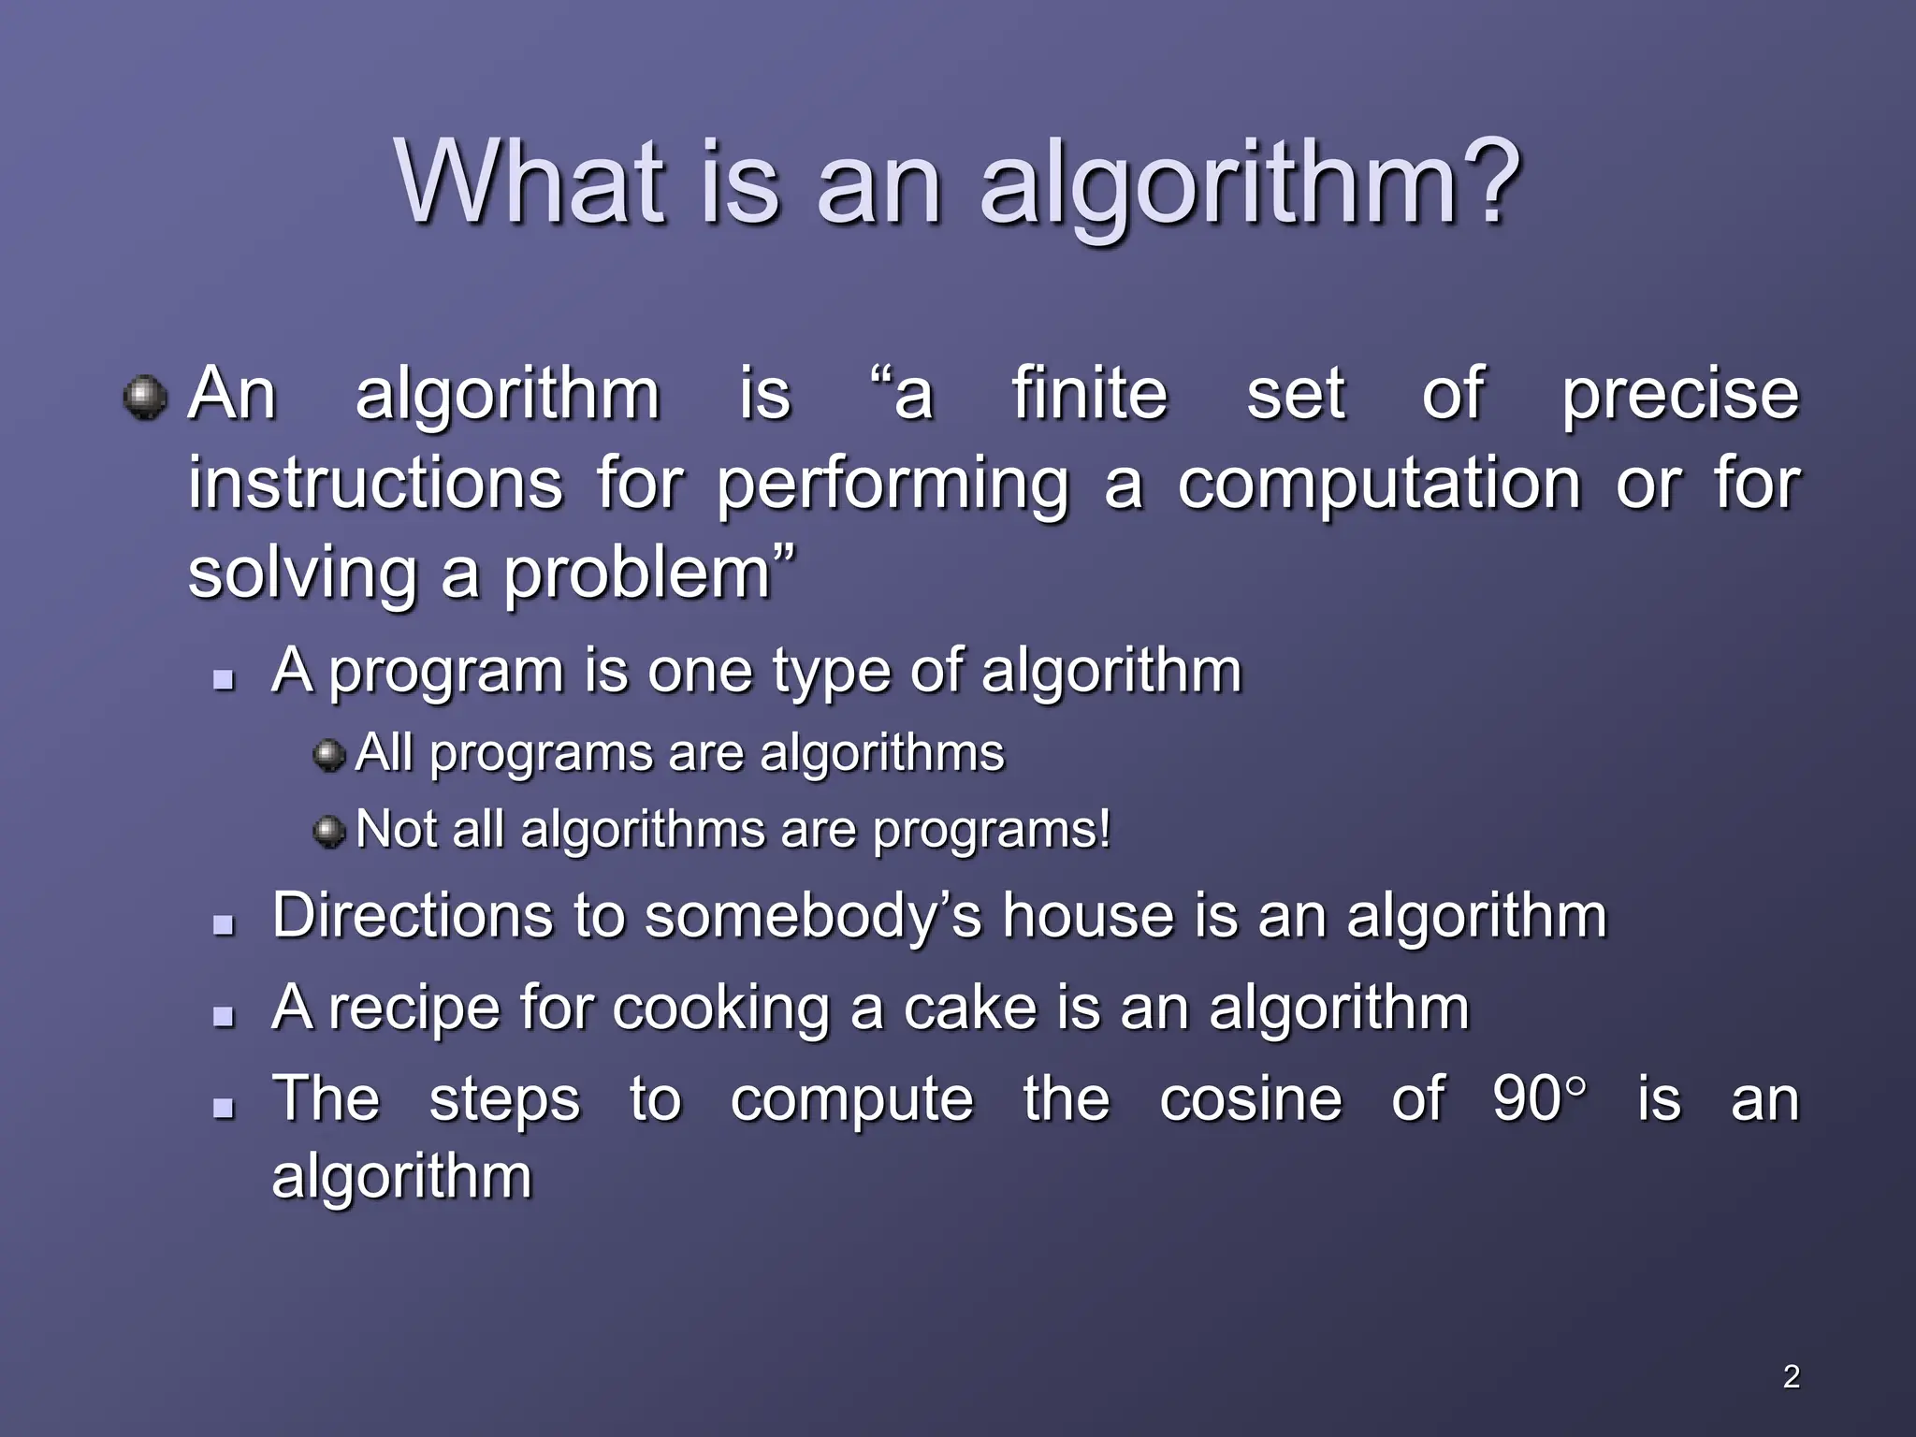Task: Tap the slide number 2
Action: click(1791, 1376)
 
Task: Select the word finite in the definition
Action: click(1090, 394)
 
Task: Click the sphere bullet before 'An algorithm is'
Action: click(145, 398)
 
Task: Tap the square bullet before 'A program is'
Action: click(223, 679)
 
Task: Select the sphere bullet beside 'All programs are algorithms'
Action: click(328, 754)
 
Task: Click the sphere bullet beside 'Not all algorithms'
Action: click(328, 831)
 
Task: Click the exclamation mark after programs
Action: click(1105, 828)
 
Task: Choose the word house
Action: click(1087, 915)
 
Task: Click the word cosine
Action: click(1250, 1098)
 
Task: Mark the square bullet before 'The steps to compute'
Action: click(223, 1109)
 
